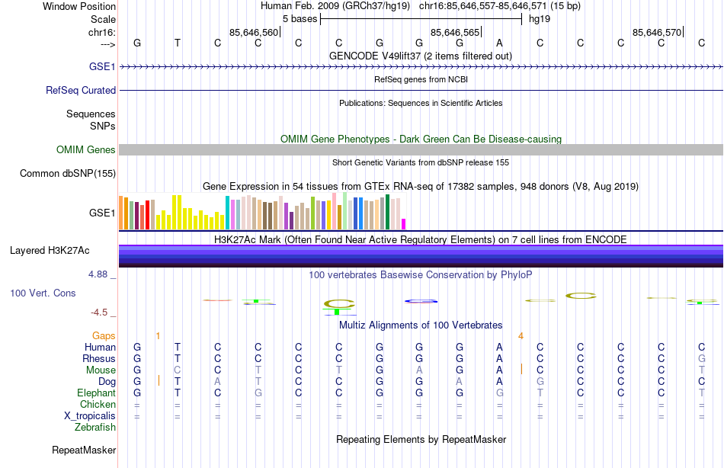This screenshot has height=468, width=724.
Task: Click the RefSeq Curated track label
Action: tap(81, 90)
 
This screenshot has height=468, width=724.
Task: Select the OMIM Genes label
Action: tap(86, 149)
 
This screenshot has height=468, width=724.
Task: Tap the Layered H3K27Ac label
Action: tap(50, 250)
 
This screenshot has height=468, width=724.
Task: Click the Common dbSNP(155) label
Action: tap(67, 173)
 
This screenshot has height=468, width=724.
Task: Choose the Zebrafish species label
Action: tap(95, 428)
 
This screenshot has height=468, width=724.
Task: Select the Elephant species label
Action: tap(96, 393)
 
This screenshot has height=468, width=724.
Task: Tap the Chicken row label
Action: tap(98, 405)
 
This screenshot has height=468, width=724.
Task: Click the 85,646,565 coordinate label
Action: tap(455, 32)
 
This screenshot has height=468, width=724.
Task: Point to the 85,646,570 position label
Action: tap(657, 32)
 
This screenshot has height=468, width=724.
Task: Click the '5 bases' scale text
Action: tap(299, 18)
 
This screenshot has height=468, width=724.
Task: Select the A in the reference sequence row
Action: tap(499, 43)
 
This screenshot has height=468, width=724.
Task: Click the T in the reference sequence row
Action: tap(178, 43)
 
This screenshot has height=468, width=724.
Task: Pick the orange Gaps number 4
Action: tap(521, 335)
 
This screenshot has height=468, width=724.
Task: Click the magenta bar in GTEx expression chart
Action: tap(403, 223)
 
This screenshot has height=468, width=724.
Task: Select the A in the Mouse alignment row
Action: tap(499, 370)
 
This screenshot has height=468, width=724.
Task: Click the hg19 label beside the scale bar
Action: tap(540, 18)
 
